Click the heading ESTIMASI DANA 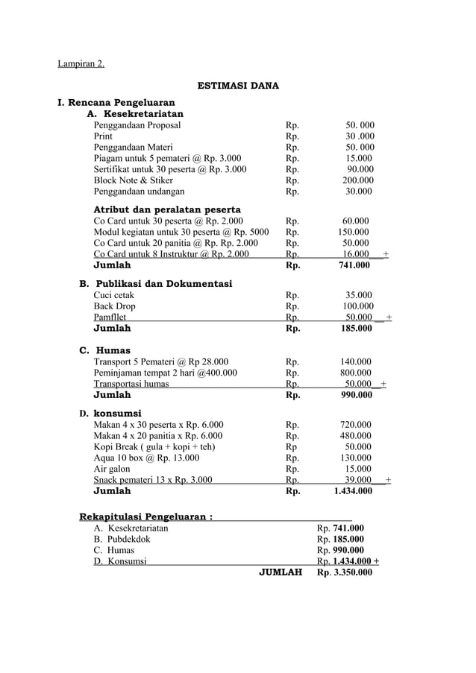[237, 86]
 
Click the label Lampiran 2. [81, 63]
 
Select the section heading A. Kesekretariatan [135, 114]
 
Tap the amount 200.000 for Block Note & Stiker [357, 180]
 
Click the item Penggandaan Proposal [137, 125]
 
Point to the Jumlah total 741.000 [354, 265]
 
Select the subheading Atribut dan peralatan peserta [166, 209]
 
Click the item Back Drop [114, 306]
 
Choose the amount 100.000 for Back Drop [358, 306]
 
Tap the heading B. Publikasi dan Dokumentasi [155, 284]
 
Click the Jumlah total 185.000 [356, 328]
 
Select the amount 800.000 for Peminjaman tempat [356, 373]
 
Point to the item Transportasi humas [131, 384]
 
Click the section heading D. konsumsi [110, 413]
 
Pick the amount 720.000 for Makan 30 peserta [356, 425]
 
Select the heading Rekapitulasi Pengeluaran [145, 516]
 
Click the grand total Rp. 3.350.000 [344, 572]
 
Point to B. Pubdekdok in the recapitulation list [122, 539]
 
